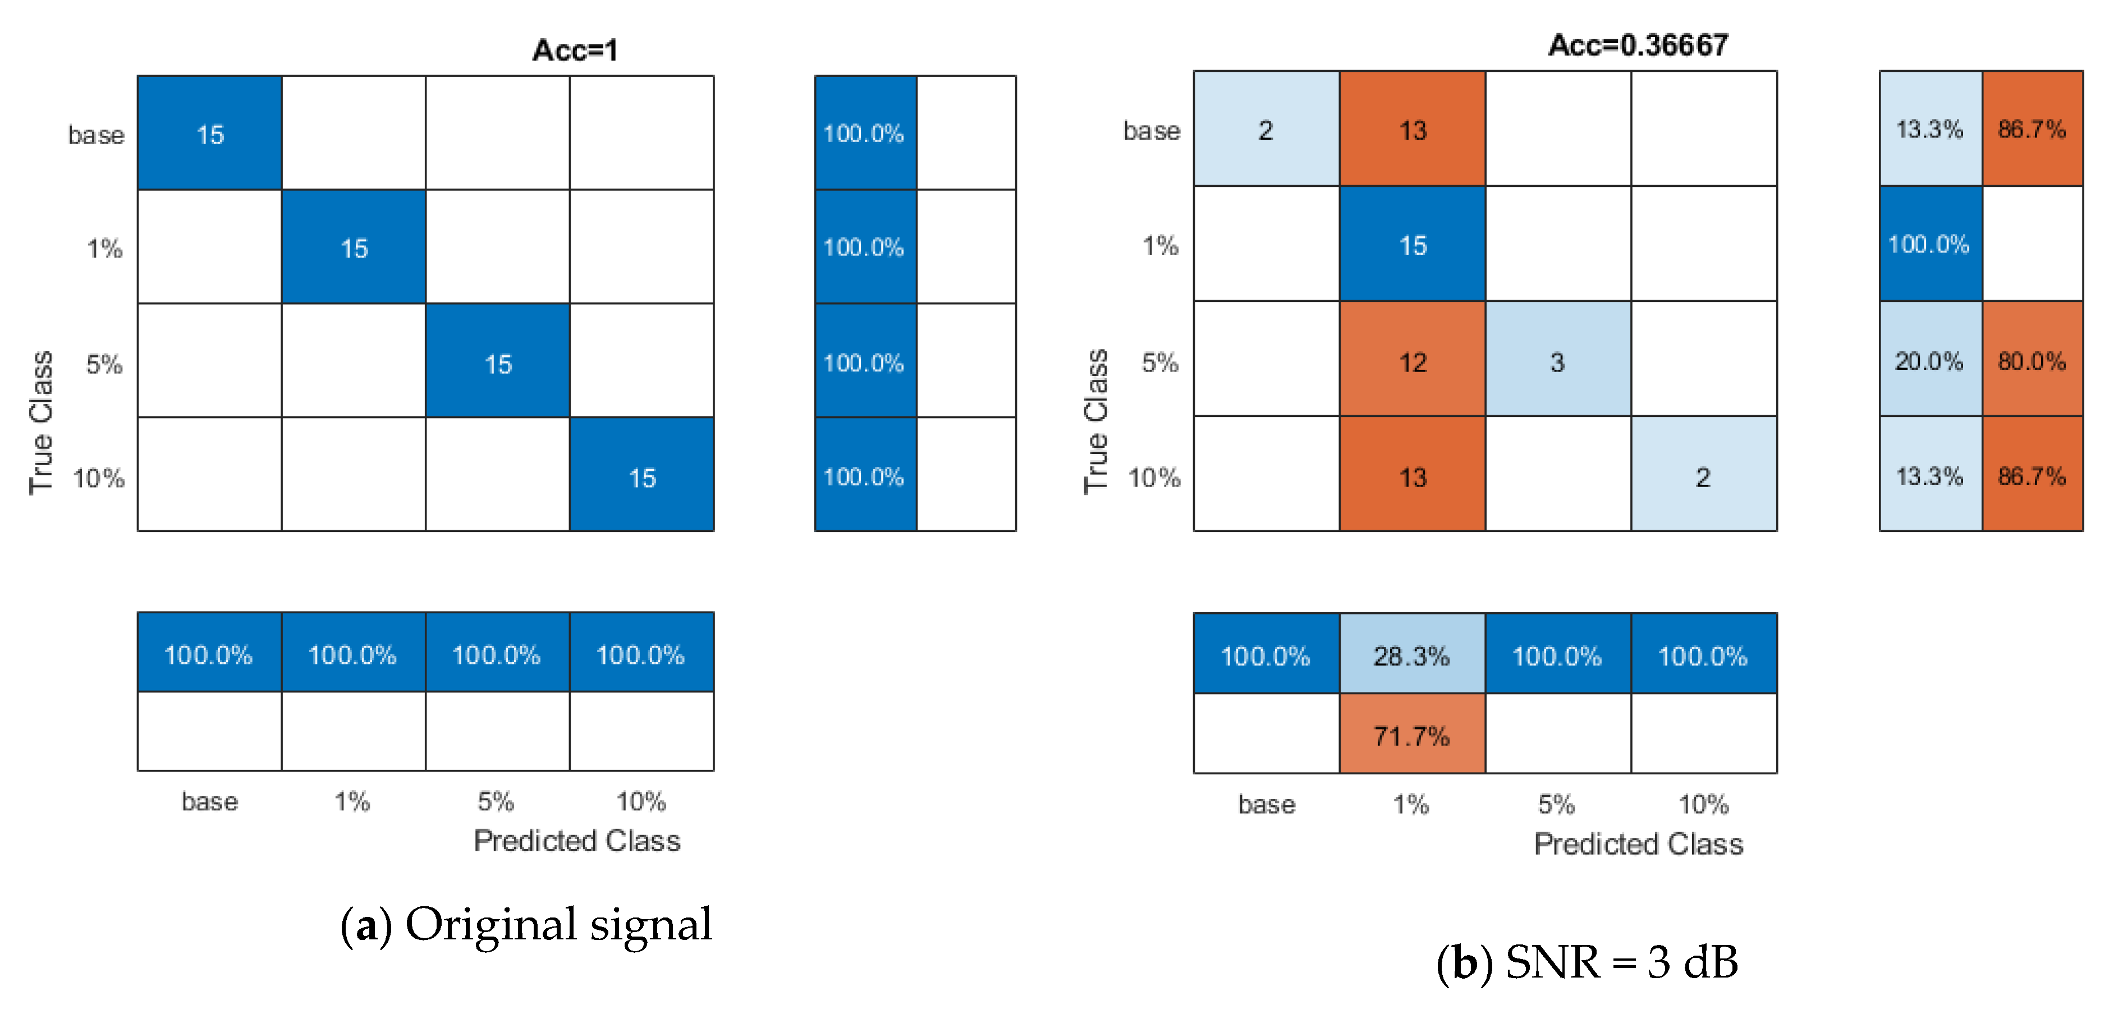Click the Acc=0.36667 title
[x=1638, y=45]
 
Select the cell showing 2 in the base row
[x=1266, y=129]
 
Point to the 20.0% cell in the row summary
[x=1930, y=360]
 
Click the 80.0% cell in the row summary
[x=2032, y=360]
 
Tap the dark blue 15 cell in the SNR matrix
[x=1413, y=245]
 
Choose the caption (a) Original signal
[x=526, y=925]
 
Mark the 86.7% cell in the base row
[x=2032, y=129]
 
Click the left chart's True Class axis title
[x=41, y=423]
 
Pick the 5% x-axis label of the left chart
[x=496, y=801]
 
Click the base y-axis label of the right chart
[x=1151, y=130]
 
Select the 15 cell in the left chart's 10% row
[x=642, y=477]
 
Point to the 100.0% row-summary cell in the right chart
[x=1930, y=244]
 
